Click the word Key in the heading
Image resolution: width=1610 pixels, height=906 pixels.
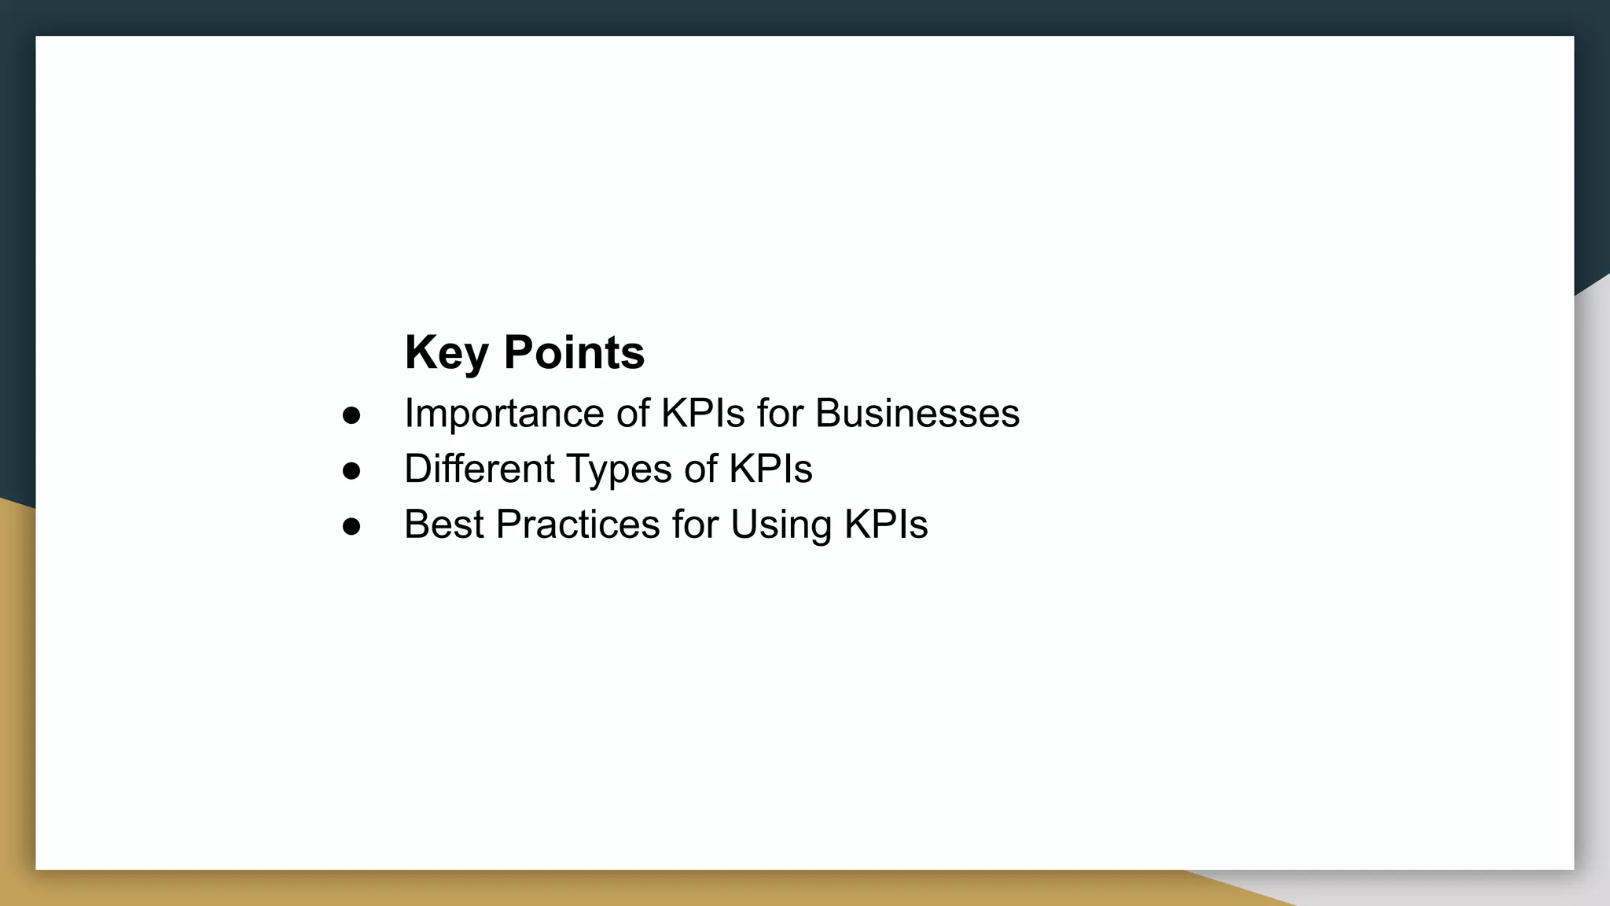447,352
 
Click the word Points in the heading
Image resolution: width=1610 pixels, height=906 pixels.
574,352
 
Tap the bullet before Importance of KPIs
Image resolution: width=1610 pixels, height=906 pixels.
351,415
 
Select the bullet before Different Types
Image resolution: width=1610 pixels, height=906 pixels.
351,470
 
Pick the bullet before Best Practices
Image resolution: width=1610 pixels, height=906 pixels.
351,526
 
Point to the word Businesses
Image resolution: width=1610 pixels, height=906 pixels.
917,414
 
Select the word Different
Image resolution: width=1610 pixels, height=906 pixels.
480,469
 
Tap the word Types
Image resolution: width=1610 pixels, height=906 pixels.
619,470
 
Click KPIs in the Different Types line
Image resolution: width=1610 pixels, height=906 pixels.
770,469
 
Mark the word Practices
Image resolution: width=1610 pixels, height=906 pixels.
578,525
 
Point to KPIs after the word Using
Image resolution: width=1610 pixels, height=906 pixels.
885,525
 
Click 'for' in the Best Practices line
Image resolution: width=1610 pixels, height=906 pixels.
695,525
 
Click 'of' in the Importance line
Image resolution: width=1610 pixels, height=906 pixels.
633,414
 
